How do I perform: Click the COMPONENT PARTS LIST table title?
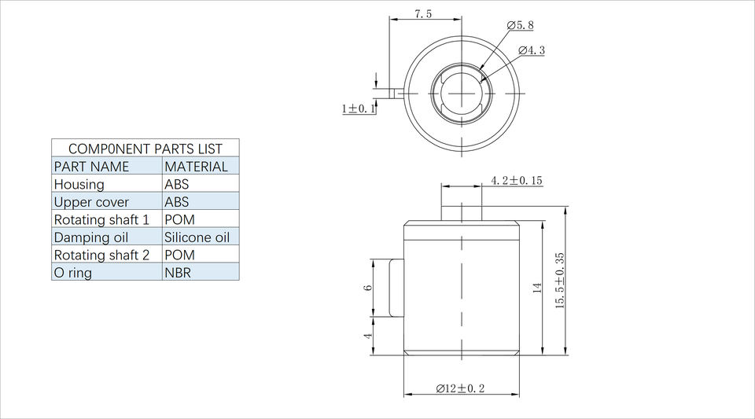pyautogui.click(x=145, y=149)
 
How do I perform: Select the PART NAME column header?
pyautogui.click(x=91, y=167)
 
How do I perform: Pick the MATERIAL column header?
pyautogui.click(x=196, y=167)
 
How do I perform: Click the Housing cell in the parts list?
pyautogui.click(x=79, y=184)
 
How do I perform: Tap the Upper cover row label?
pyautogui.click(x=91, y=202)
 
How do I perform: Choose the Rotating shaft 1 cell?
pyautogui.click(x=101, y=219)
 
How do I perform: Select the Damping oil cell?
pyautogui.click(x=90, y=237)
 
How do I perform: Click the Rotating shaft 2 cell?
pyautogui.click(x=101, y=255)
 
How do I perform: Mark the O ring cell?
pyautogui.click(x=72, y=273)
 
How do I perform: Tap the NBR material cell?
pyautogui.click(x=178, y=273)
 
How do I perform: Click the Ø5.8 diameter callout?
pyautogui.click(x=520, y=25)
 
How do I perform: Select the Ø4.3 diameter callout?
pyautogui.click(x=532, y=50)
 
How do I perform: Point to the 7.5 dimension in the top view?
pyautogui.click(x=422, y=14)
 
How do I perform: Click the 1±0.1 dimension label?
pyautogui.click(x=359, y=108)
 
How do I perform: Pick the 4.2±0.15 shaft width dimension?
pyautogui.click(x=516, y=181)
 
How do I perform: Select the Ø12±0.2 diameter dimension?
pyautogui.click(x=460, y=388)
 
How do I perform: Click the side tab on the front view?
pyautogui.click(x=396, y=288)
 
